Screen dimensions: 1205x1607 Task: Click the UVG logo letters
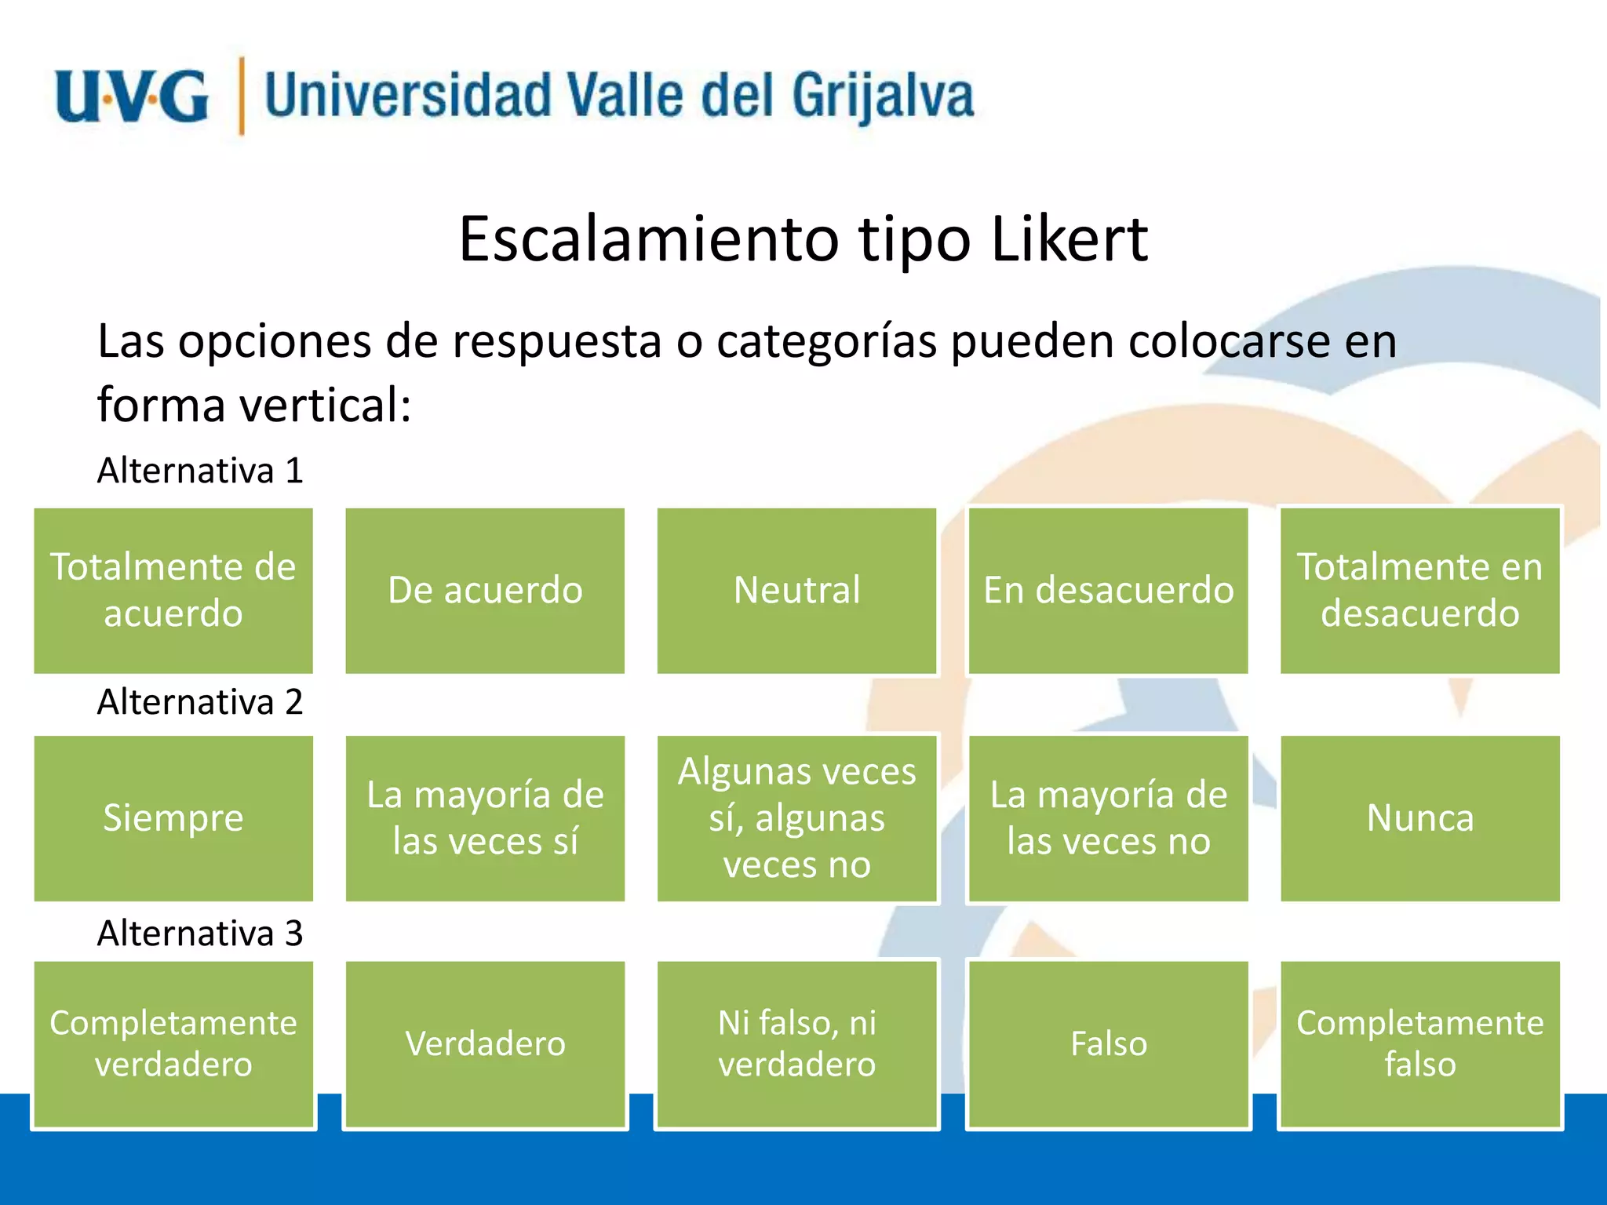132,96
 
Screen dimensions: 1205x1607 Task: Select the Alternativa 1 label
200,471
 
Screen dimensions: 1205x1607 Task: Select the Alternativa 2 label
200,701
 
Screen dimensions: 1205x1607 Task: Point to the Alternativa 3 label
200,933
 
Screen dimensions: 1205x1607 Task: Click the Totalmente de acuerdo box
173,590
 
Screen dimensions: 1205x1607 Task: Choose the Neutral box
796,590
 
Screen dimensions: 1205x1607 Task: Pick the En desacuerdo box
1108,590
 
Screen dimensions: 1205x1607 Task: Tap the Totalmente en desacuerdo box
1419,590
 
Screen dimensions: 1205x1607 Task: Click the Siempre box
173,818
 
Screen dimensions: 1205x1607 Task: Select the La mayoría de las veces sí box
485,818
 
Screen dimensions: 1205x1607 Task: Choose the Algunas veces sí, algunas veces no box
796,818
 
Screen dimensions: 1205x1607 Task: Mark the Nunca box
1419,818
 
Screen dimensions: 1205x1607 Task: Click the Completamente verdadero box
173,1044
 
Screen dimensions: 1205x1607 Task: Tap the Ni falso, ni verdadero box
796,1044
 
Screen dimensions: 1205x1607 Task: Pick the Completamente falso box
1419,1044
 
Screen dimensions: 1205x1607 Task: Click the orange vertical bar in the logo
241,96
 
